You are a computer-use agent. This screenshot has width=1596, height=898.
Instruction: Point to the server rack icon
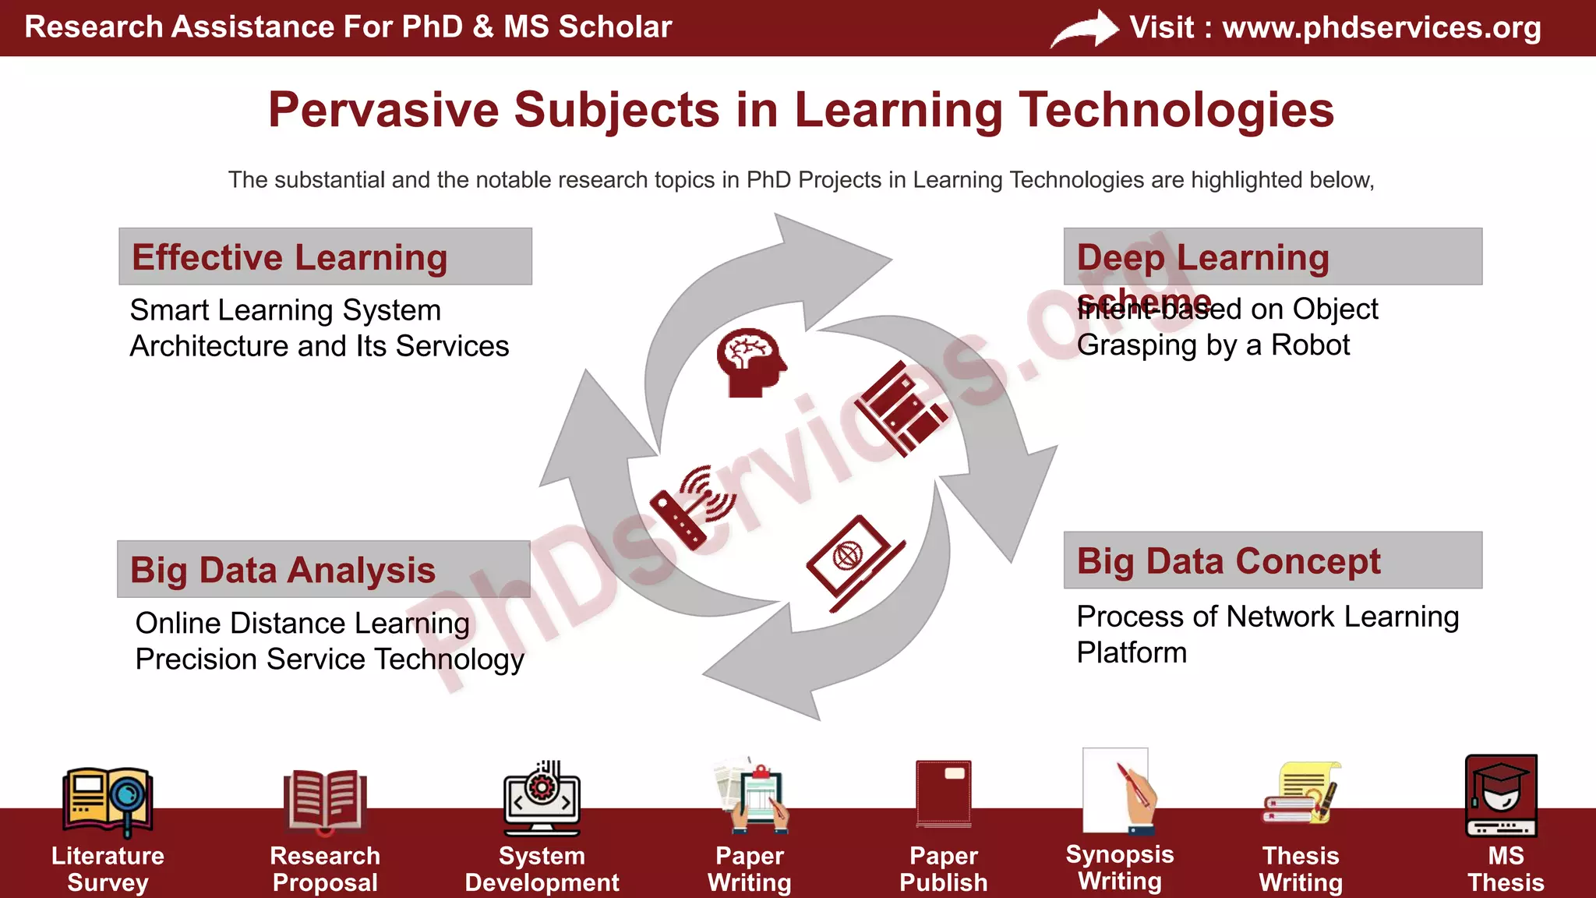click(x=901, y=408)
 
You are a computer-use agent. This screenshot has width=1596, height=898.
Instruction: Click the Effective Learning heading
click(x=289, y=257)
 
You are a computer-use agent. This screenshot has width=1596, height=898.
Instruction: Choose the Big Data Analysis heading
click(x=283, y=570)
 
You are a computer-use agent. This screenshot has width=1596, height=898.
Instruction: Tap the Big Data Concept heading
click(x=1228, y=561)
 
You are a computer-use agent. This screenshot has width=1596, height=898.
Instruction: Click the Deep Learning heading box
click(x=1272, y=256)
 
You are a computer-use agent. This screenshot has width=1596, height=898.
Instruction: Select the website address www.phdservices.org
click(x=1381, y=27)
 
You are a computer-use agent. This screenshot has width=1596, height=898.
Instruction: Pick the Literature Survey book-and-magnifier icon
click(x=108, y=800)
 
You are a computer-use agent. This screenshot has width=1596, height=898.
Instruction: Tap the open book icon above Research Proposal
click(x=324, y=800)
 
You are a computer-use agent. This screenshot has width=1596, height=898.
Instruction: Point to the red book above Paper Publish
click(x=944, y=794)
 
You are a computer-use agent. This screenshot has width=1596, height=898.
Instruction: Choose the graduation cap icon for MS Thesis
click(x=1501, y=795)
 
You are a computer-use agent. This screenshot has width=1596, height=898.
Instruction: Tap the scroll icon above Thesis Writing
click(x=1300, y=794)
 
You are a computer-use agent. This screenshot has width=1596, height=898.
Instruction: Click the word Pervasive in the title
click(x=383, y=110)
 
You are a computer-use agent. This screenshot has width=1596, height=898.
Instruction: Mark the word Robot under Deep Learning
click(x=1310, y=345)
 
